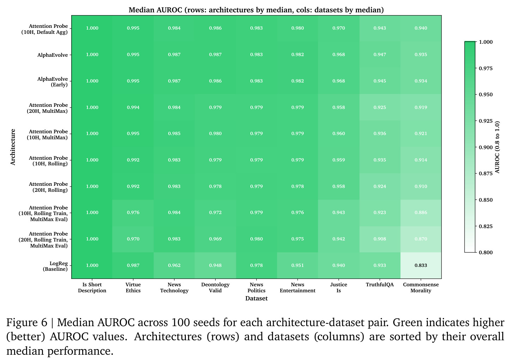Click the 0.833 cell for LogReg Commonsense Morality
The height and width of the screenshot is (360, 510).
pyautogui.click(x=421, y=266)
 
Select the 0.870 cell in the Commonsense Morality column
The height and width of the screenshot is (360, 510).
pyautogui.click(x=421, y=239)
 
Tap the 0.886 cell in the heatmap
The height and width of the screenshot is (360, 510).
pyautogui.click(x=421, y=213)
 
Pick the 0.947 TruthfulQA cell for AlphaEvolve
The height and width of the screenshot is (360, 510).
pyautogui.click(x=380, y=55)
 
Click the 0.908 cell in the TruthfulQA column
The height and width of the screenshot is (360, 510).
pyautogui.click(x=380, y=239)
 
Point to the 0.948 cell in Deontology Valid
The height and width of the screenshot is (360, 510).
pyautogui.click(x=215, y=266)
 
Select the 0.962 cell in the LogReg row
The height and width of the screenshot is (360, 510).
pyautogui.click(x=174, y=266)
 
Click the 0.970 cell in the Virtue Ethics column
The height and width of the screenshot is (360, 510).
pyautogui.click(x=133, y=239)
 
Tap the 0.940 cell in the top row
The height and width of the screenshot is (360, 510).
pyautogui.click(x=421, y=28)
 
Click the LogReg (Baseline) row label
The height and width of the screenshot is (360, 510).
pyautogui.click(x=55, y=266)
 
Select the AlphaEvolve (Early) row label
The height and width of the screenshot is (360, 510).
pyautogui.click(x=53, y=82)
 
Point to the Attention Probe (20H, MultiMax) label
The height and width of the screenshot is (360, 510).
pyautogui.click(x=47, y=108)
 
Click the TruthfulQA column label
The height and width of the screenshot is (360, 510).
pyautogui.click(x=380, y=285)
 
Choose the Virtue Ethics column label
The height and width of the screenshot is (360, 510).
pyautogui.click(x=133, y=288)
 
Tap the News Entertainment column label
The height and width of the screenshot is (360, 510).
pyautogui.click(x=298, y=288)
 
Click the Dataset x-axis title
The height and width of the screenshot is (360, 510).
pyautogui.click(x=256, y=298)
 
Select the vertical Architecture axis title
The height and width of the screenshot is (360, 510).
pyautogui.click(x=13, y=147)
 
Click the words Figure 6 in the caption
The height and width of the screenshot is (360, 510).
pyautogui.click(x=27, y=323)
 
